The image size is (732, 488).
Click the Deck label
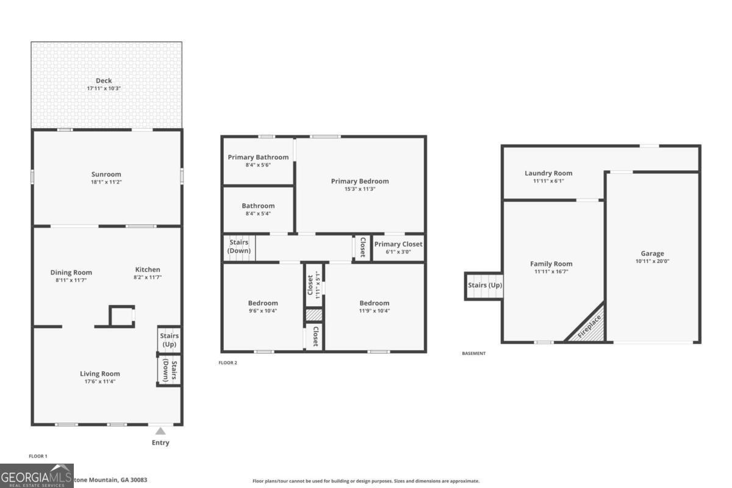(x=104, y=81)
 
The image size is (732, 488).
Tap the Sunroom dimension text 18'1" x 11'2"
(x=107, y=182)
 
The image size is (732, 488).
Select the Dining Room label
(x=71, y=272)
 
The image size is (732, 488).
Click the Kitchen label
(x=148, y=270)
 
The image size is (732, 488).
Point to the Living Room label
(x=100, y=373)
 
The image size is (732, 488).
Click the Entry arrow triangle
(x=160, y=431)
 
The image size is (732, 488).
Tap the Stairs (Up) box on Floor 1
(x=169, y=340)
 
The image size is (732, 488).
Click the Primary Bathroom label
(x=258, y=157)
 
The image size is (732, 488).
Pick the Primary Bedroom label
(x=360, y=181)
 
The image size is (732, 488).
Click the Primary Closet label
(x=398, y=244)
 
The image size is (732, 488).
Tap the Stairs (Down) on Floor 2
(x=239, y=247)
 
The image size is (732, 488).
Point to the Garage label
(x=652, y=253)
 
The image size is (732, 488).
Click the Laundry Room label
(x=548, y=173)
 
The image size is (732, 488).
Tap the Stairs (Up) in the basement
(x=484, y=285)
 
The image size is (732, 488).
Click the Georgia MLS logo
(x=37, y=476)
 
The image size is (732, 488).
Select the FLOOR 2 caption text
(x=228, y=363)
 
